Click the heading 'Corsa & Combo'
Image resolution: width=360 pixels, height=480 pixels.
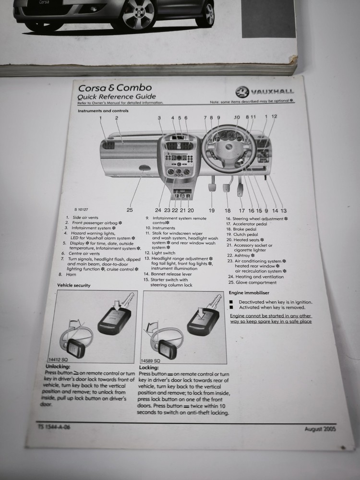[x=115, y=87]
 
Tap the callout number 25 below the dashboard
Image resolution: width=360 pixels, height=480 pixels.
[x=130, y=210]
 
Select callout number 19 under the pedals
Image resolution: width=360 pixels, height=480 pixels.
[x=211, y=210]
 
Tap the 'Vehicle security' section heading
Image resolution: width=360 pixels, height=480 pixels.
[x=73, y=285]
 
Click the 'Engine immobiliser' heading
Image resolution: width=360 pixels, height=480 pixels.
[x=249, y=292]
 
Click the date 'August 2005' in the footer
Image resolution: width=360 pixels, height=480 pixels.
[x=320, y=429]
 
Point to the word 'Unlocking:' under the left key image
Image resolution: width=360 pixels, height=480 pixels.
[x=58, y=367]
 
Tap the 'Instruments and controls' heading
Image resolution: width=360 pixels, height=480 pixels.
[x=103, y=111]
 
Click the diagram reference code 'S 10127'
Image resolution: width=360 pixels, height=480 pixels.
[x=82, y=210]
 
